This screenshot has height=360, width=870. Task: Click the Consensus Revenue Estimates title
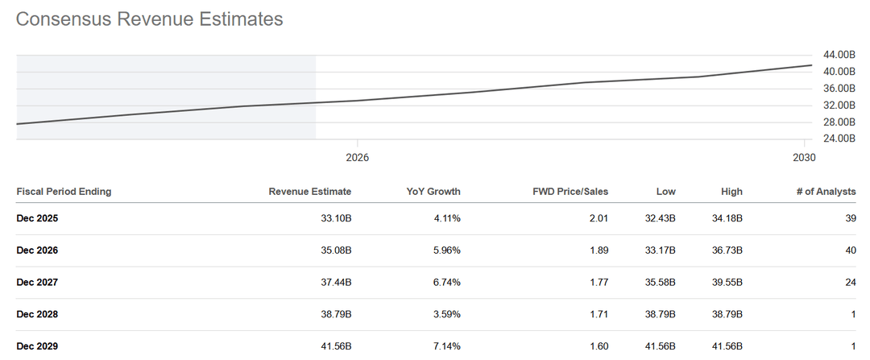(150, 19)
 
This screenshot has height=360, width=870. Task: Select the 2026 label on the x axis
(357, 157)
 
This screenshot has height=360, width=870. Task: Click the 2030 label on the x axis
(803, 157)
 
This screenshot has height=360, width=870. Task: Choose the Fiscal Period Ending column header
(64, 192)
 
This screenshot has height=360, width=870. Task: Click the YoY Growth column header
(433, 192)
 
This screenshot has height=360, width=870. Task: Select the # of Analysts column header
(825, 192)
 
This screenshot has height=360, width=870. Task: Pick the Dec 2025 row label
(37, 218)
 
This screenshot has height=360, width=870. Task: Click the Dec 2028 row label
(37, 314)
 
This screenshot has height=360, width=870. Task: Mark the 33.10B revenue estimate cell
(334, 218)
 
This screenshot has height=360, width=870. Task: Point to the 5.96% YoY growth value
(445, 250)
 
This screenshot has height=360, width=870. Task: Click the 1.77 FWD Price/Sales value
(599, 283)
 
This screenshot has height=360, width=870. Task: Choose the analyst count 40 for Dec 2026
(850, 250)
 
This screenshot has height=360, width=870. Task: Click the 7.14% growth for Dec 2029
(445, 346)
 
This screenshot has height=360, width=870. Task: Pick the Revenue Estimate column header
(310, 192)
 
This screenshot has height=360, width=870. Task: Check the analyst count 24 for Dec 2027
(850, 283)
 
